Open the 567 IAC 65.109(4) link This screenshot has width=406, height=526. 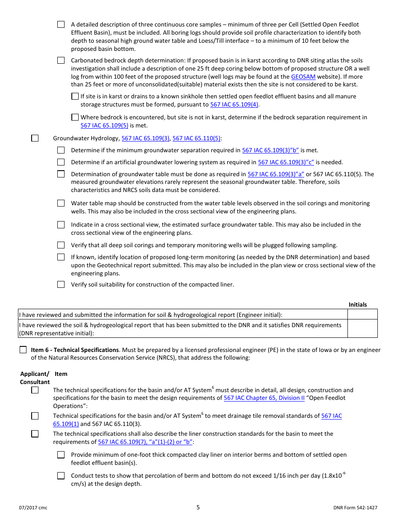pyautogui.click(x=234, y=105)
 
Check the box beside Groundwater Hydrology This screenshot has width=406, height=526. pyautogui.click(x=35, y=138)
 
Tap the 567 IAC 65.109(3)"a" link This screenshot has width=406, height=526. pyautogui.click(x=276, y=174)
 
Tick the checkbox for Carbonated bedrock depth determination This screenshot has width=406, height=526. pyautogui.click(x=61, y=60)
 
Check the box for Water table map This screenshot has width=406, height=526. pyautogui.click(x=61, y=203)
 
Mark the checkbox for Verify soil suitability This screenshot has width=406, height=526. pyautogui.click(x=61, y=284)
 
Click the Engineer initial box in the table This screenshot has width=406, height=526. pyautogui.click(x=362, y=314)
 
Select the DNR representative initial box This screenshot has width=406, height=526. pyautogui.click(x=362, y=329)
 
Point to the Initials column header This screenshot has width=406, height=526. pyautogui.click(x=358, y=305)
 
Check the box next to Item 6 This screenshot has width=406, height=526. pyautogui.click(x=23, y=350)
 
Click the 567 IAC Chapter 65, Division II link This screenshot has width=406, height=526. pyautogui.click(x=264, y=398)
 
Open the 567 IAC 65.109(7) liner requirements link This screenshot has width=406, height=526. pyautogui.click(x=145, y=442)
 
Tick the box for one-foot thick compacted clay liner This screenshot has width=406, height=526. pyautogui.click(x=61, y=455)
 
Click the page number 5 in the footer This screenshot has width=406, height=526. pyautogui.click(x=198, y=508)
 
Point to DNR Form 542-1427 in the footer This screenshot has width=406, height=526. pyautogui.click(x=355, y=508)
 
